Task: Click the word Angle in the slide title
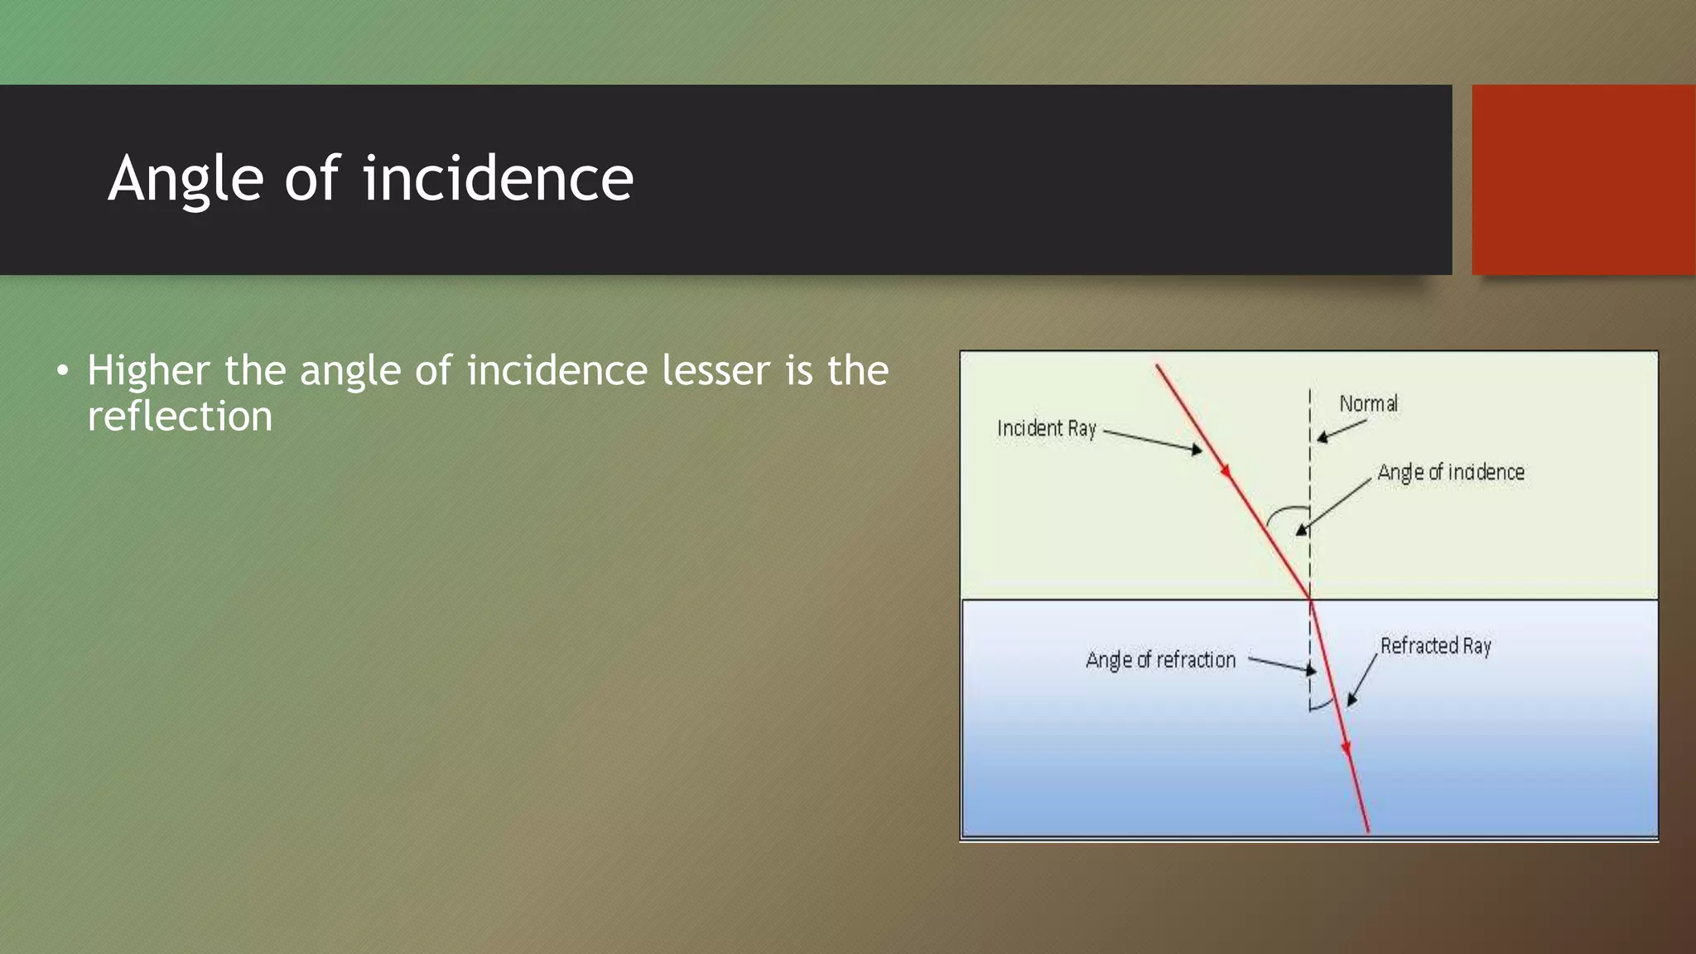pyautogui.click(x=185, y=179)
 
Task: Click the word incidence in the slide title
pyautogui.click(x=498, y=179)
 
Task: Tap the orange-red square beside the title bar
pyautogui.click(x=1583, y=180)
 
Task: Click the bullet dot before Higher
pyautogui.click(x=63, y=371)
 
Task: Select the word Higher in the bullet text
pyautogui.click(x=147, y=371)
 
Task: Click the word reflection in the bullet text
pyautogui.click(x=180, y=417)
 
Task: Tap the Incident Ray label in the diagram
pyautogui.click(x=1046, y=428)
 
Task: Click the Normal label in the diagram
pyautogui.click(x=1368, y=404)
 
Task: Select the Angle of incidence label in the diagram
pyautogui.click(x=1450, y=472)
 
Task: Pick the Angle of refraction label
pyautogui.click(x=1160, y=660)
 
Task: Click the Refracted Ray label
pyautogui.click(x=1435, y=646)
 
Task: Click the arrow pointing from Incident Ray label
pyautogui.click(x=1152, y=441)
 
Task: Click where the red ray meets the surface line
pyautogui.click(x=1310, y=599)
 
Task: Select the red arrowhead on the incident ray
pyautogui.click(x=1225, y=470)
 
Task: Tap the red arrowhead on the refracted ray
pyautogui.click(x=1346, y=748)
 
